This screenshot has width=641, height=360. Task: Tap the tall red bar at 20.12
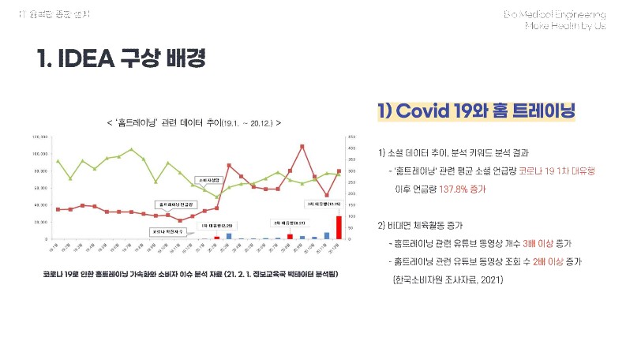coord(339,227)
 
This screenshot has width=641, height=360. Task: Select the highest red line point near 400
coord(302,146)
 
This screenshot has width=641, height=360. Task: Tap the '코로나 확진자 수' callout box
coord(167,231)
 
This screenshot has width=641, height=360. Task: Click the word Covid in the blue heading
coord(425,111)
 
